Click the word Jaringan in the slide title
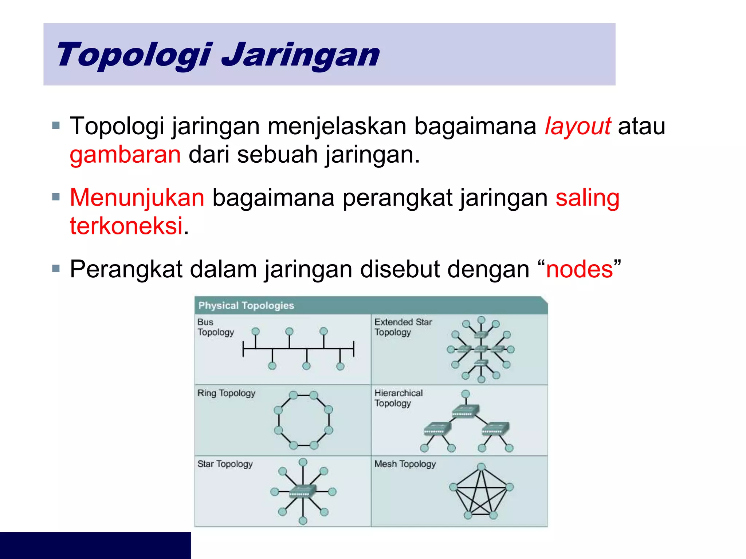[x=301, y=55]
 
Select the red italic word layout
[x=577, y=126]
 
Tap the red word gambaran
[x=125, y=154]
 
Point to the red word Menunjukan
[x=137, y=198]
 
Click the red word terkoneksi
[x=126, y=226]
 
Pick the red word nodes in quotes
[x=580, y=269]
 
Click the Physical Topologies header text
[x=246, y=306]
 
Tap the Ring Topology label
[x=226, y=393]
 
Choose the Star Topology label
[x=225, y=464]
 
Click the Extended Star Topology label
[x=403, y=327]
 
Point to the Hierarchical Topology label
[x=398, y=398]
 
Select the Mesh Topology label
[x=405, y=464]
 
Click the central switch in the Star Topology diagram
[x=302, y=492]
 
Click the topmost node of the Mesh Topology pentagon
[x=482, y=467]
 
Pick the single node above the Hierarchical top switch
[x=466, y=394]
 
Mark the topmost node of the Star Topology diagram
[x=303, y=462]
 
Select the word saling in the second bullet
[x=587, y=198]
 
